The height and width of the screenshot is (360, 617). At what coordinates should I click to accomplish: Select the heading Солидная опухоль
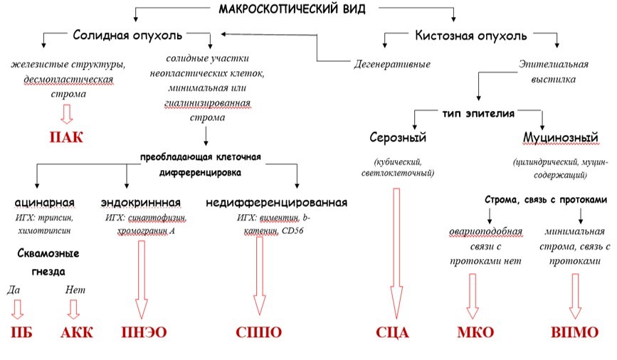pyautogui.click(x=127, y=35)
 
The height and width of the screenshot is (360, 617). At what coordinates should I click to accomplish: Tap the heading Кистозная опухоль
pyautogui.click(x=471, y=35)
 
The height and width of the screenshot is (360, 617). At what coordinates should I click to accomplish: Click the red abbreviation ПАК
pyautogui.click(x=66, y=137)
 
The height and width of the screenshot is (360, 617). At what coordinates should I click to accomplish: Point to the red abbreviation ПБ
pyautogui.click(x=18, y=332)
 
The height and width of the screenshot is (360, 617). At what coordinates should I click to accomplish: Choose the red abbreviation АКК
pyautogui.click(x=76, y=332)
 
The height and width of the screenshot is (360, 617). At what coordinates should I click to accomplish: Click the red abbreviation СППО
pyautogui.click(x=259, y=332)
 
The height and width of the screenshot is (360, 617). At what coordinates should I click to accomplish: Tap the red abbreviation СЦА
pyautogui.click(x=393, y=332)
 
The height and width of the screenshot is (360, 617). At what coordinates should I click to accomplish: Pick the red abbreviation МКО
pyautogui.click(x=475, y=332)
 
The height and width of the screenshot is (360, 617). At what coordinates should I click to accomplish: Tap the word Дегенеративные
pyautogui.click(x=392, y=65)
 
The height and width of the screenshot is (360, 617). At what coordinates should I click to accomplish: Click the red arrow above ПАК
pyautogui.click(x=65, y=114)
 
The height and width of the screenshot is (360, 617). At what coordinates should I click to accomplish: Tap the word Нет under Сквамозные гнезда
pyautogui.click(x=75, y=290)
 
